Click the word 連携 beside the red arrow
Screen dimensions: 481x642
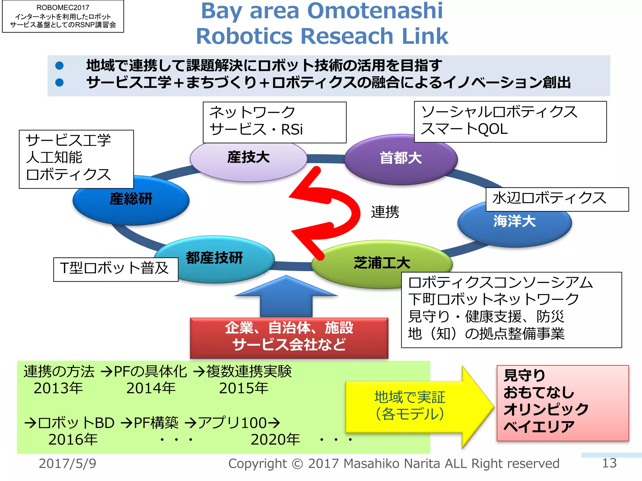coord(385,212)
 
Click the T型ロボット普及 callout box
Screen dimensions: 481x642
coord(115,269)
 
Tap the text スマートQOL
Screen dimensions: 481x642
coord(464,129)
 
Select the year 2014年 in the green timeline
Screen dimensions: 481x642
coord(151,388)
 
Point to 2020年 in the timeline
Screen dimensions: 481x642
coord(275,439)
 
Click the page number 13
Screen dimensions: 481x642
coord(609,463)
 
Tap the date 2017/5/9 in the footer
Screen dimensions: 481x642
coord(67,463)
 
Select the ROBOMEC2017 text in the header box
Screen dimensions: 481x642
coord(63,8)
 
